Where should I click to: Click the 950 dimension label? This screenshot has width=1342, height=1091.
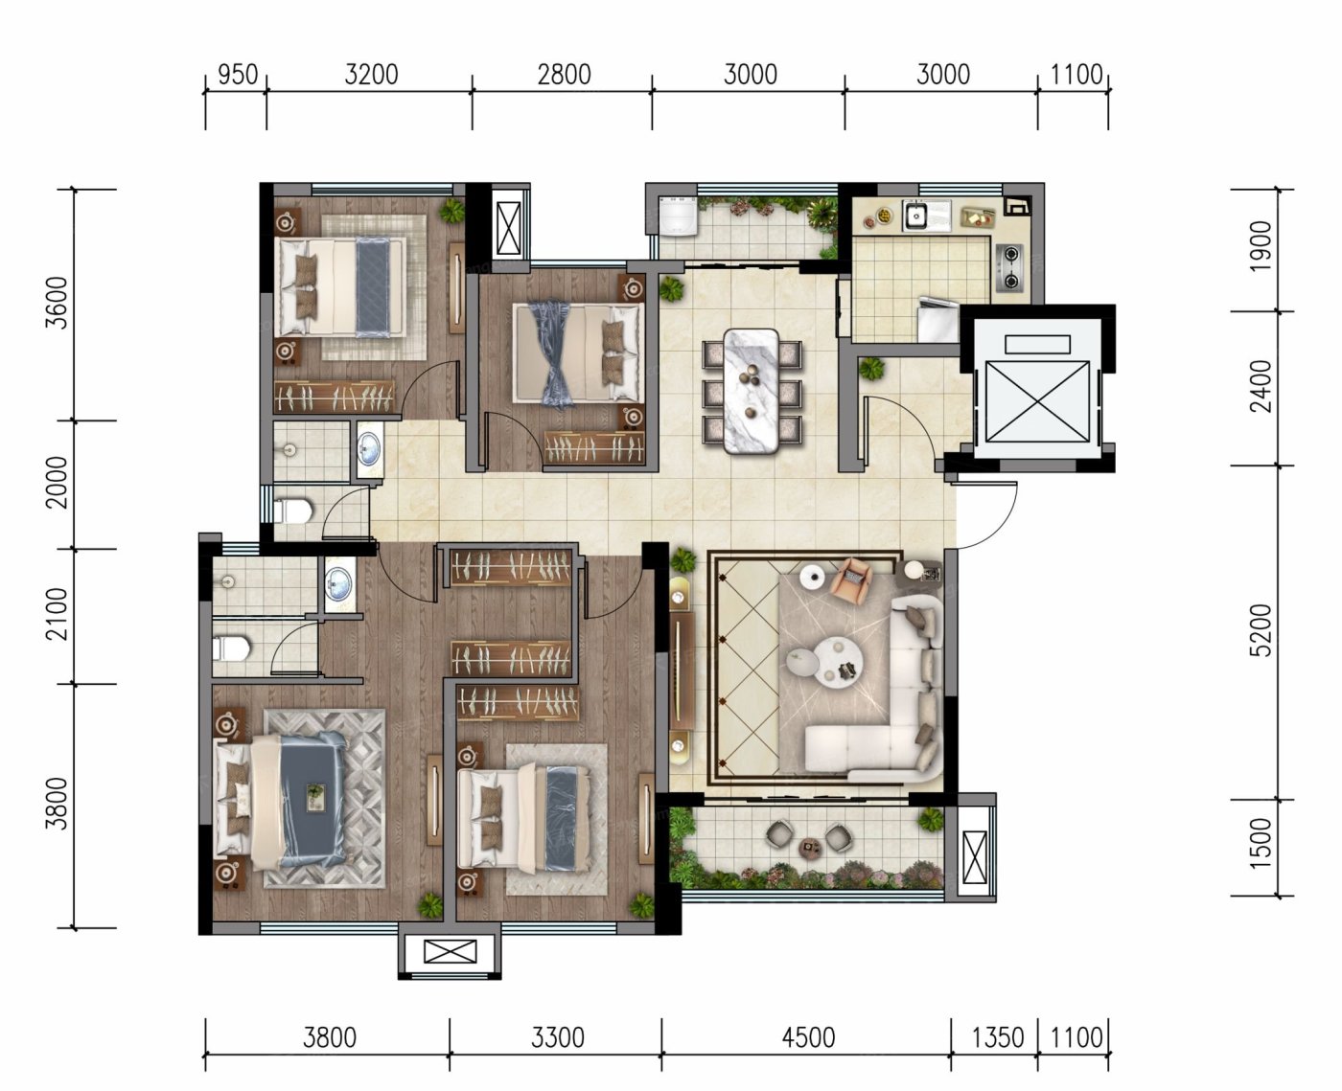point(238,75)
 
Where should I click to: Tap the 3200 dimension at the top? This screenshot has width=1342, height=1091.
point(371,75)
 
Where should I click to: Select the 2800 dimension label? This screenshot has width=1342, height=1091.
point(564,75)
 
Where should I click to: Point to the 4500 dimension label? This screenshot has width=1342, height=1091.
point(808,1036)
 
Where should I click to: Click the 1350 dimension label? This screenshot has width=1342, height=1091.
point(998,1036)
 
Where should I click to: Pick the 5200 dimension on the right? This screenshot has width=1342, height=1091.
point(1261,630)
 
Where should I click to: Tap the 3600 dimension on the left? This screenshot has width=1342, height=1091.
point(57,303)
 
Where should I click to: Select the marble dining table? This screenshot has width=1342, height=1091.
point(751,391)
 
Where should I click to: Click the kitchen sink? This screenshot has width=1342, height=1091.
point(914,216)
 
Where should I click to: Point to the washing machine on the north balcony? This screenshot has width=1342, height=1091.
point(678,216)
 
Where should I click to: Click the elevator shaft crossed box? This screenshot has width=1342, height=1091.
point(1037,402)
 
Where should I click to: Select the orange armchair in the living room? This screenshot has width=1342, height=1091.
point(854,578)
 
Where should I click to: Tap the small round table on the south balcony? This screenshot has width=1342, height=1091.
point(810,848)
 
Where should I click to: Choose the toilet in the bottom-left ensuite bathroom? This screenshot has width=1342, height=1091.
point(231,648)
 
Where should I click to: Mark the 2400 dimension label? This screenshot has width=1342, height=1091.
point(1261,385)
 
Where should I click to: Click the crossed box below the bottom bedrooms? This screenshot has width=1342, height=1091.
point(450,951)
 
